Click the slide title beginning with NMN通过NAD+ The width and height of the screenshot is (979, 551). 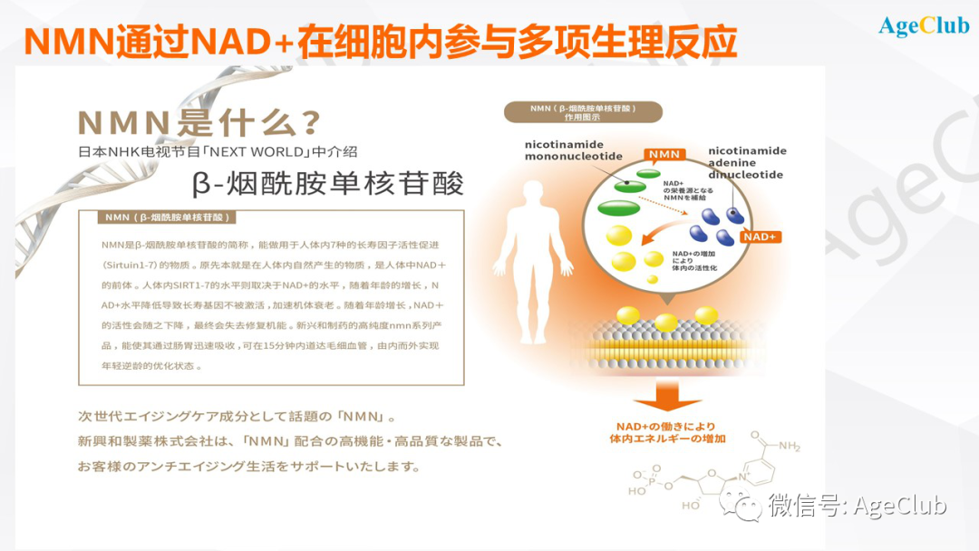380,41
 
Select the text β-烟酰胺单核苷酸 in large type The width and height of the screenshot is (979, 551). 328,182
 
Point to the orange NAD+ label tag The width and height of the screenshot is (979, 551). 760,237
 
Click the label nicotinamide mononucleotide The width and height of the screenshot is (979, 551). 573,150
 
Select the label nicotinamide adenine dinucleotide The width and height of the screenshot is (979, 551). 747,162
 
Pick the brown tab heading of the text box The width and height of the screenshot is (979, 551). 169,217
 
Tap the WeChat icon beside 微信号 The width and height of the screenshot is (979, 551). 748,506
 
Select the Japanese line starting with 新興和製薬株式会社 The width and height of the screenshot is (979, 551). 290,442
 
